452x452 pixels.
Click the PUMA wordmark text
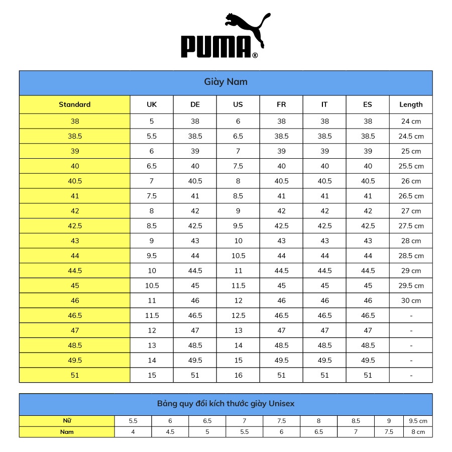216,47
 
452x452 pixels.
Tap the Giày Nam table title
225,82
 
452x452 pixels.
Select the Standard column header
75,104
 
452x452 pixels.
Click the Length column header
411,104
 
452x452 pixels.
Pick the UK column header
152,104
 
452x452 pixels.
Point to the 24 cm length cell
411,121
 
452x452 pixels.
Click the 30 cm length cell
411,300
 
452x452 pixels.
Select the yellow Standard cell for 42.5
75,225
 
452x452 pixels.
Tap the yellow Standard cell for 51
75,375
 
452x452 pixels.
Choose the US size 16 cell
238,375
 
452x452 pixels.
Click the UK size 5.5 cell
152,136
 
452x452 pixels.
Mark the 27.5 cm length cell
411,225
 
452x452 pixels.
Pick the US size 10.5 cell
238,256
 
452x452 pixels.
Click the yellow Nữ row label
67,421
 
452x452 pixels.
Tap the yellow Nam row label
67,432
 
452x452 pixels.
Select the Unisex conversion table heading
225,404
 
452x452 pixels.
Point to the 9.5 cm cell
418,421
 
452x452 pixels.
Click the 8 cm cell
418,432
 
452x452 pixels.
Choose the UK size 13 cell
152,346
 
